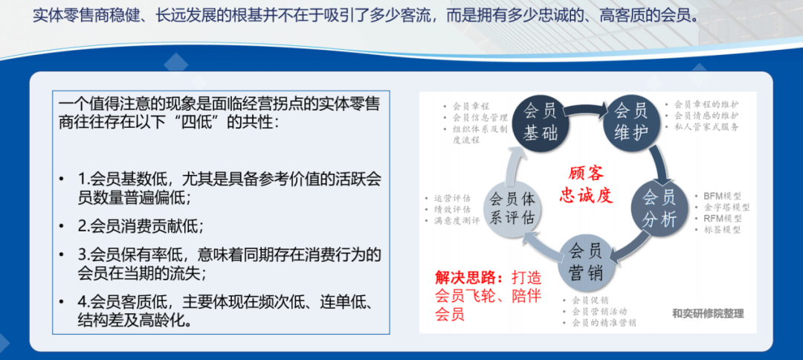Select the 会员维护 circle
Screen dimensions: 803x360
631,122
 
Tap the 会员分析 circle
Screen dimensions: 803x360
660,210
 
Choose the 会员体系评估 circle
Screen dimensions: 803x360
512,210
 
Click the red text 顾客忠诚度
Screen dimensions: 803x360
587,184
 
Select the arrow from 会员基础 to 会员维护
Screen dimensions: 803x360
585,109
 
